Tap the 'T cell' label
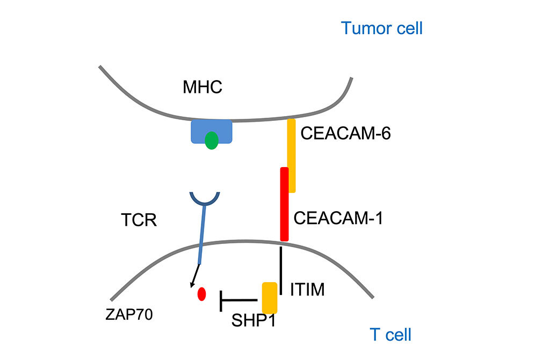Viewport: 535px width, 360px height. point(391,334)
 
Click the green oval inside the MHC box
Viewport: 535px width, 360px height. point(212,141)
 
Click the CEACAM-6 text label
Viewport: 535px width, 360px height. point(345,133)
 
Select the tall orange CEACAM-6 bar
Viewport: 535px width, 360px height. point(292,145)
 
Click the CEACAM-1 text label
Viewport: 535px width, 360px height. point(338,219)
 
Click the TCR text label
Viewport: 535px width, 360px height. point(139,220)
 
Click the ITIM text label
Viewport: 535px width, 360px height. point(307,291)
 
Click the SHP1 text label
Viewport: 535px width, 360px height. point(252,321)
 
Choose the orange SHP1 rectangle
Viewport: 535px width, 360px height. point(269,298)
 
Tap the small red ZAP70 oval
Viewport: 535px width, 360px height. point(202,294)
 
